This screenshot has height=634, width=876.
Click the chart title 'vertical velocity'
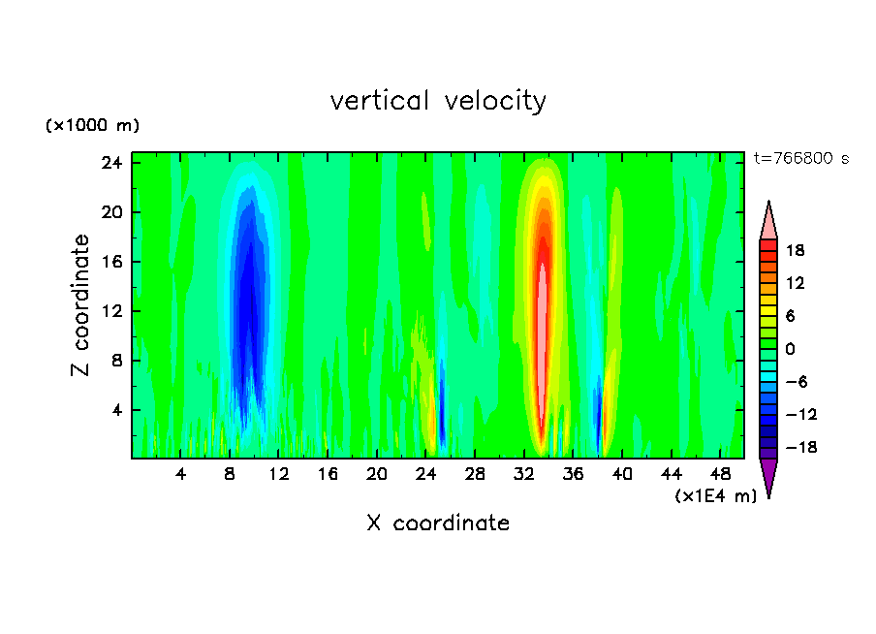[438, 101]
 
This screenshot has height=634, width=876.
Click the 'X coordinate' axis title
[438, 523]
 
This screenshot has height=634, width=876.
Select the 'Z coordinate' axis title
[81, 305]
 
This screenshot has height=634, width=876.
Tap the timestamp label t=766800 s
[800, 158]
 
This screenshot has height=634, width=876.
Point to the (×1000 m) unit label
[93, 126]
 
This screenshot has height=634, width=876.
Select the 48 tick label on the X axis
[720, 474]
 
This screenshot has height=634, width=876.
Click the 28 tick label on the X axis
[475, 474]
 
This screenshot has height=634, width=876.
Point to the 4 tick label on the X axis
[181, 474]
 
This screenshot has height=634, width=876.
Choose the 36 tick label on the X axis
[573, 474]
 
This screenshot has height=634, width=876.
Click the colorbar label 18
[795, 250]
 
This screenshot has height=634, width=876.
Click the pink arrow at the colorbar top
[768, 221]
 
